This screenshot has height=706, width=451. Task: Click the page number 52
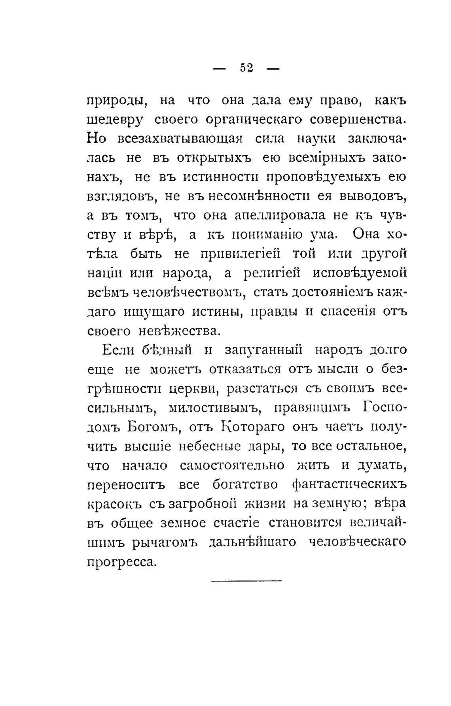[246, 68]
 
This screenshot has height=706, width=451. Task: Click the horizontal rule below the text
[246, 580]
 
